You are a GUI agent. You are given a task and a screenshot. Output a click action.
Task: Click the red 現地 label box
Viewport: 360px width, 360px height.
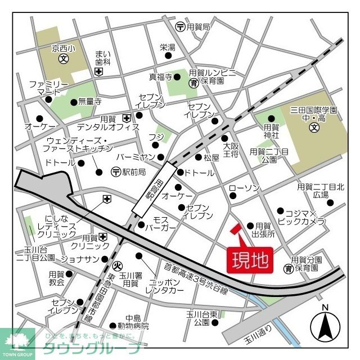250,261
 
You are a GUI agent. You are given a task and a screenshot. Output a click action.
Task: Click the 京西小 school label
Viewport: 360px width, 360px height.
63,49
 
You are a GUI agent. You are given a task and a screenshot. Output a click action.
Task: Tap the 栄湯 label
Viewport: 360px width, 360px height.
168,47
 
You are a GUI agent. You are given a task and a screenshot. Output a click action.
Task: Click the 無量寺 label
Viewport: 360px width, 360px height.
90,101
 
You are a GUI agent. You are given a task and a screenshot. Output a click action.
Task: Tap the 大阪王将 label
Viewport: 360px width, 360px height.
231,150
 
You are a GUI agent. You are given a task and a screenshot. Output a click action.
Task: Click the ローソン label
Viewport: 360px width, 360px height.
244,187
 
